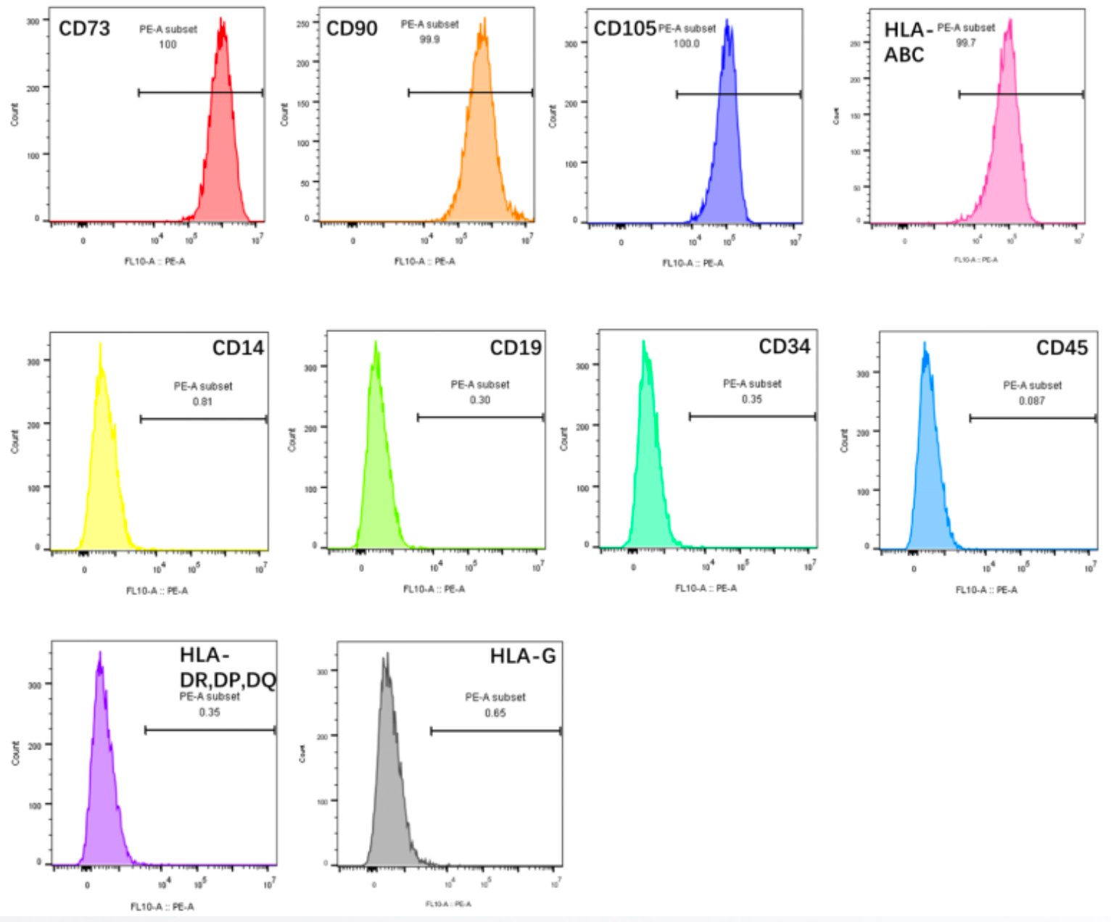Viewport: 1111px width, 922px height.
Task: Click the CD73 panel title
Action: (x=84, y=29)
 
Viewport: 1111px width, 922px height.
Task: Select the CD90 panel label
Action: (x=352, y=29)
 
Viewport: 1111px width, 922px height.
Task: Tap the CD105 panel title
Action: (x=624, y=29)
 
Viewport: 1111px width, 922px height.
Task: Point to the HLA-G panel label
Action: (x=523, y=657)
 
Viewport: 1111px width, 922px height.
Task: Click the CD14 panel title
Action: (x=238, y=349)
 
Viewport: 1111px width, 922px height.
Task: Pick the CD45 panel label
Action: (x=1062, y=349)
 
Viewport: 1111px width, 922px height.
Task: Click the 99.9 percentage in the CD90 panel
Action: (x=429, y=40)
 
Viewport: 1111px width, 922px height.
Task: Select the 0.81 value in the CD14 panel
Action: (x=202, y=402)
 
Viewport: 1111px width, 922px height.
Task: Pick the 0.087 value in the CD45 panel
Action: (x=1031, y=401)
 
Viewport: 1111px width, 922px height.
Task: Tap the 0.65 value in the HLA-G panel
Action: (x=495, y=713)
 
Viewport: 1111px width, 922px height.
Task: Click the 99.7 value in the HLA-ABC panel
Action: (x=966, y=43)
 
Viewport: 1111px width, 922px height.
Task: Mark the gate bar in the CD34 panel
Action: (x=752, y=417)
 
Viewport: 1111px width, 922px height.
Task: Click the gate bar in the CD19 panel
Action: (x=480, y=418)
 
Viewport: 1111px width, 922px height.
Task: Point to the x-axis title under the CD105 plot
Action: (x=693, y=263)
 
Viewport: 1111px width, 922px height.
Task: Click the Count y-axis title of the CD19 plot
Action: (x=292, y=439)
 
